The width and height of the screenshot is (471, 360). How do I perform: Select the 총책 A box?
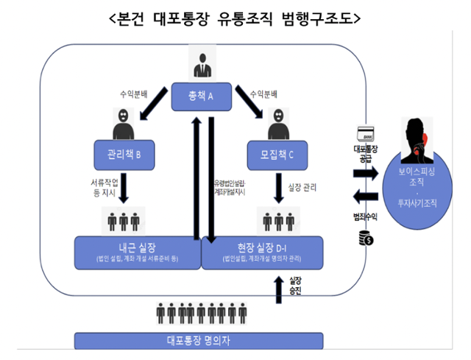[x=202, y=96]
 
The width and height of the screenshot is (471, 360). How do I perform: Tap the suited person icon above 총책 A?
[x=201, y=63]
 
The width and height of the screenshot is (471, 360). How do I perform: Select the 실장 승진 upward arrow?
[x=277, y=289]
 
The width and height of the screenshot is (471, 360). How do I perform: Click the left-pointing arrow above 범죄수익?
[x=365, y=196]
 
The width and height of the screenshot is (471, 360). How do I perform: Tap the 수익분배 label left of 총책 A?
[x=134, y=95]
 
